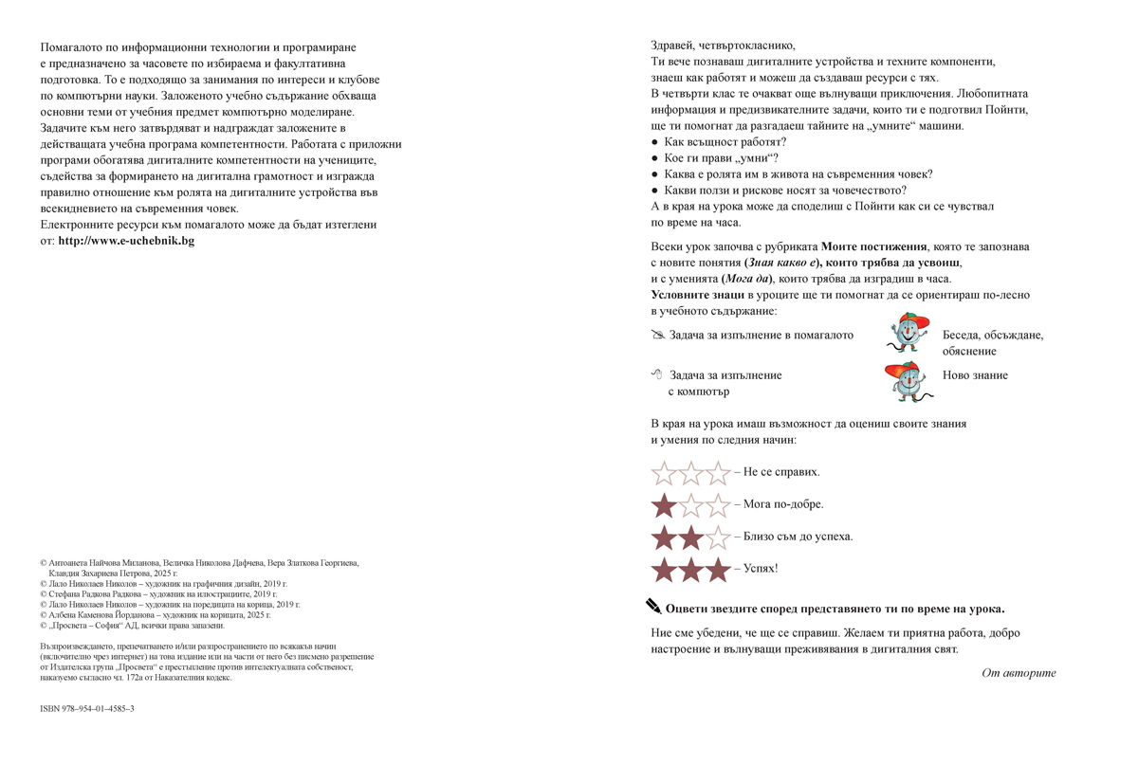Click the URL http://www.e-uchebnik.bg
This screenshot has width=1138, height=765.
tap(126, 241)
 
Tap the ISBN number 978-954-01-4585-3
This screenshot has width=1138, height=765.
tap(87, 708)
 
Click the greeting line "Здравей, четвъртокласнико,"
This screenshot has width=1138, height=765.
tap(724, 46)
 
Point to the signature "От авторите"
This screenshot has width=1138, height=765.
tap(1019, 673)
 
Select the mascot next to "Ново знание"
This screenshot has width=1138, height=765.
tap(905, 380)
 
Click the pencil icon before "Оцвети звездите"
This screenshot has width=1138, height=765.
tap(653, 607)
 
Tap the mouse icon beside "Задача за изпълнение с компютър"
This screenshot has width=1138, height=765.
tap(656, 375)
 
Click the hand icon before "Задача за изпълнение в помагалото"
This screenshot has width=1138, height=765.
tap(658, 335)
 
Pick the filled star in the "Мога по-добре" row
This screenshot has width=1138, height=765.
tap(664, 505)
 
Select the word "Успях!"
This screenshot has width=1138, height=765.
tap(761, 569)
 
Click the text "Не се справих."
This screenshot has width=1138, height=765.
tap(781, 472)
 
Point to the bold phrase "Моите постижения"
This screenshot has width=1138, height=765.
tap(873, 246)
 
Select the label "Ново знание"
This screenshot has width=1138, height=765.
tap(975, 375)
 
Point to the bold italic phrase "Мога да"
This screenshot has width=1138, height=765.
tap(745, 279)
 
